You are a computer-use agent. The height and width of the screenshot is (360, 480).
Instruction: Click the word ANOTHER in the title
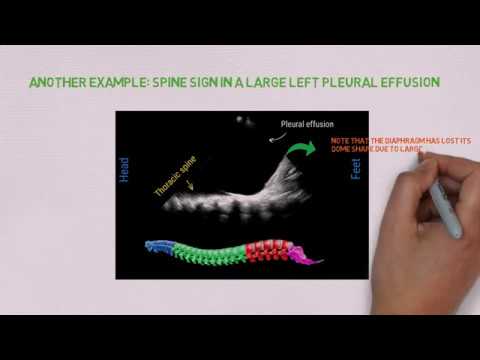(62, 82)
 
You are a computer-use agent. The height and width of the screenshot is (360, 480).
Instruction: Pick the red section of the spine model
(268, 250)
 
